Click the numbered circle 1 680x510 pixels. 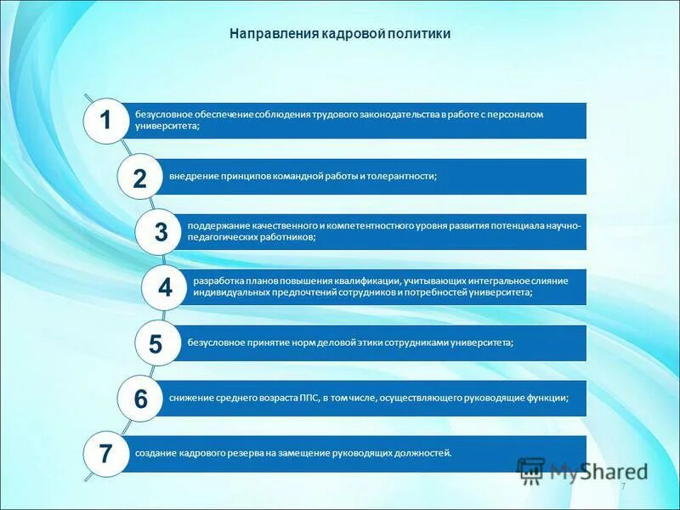[x=105, y=121]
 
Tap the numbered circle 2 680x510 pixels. [x=139, y=177]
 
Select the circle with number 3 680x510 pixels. [x=161, y=232]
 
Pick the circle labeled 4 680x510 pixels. [x=165, y=287]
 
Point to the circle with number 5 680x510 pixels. [x=156, y=343]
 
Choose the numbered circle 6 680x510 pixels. [x=140, y=399]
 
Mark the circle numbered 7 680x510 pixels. [x=105, y=454]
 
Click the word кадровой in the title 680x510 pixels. [x=353, y=34]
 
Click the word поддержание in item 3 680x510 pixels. [x=218, y=226]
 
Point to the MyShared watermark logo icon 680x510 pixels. [x=531, y=469]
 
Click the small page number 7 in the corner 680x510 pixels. [x=622, y=486]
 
